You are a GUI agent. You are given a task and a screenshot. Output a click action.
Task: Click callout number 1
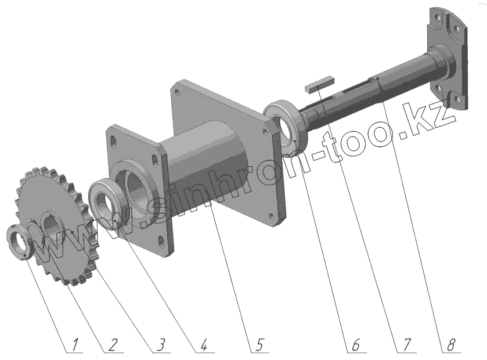click(x=74, y=345)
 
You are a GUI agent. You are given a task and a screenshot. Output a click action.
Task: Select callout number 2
click(x=113, y=345)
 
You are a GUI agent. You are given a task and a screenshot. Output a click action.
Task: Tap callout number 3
click(x=160, y=345)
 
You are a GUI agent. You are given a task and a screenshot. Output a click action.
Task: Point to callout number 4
click(x=203, y=345)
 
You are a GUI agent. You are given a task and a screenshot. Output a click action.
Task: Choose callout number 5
click(x=258, y=345)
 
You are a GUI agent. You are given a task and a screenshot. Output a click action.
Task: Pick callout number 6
click(x=355, y=345)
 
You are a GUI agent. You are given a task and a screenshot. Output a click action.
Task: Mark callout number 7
click(x=406, y=345)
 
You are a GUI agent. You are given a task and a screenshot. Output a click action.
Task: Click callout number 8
click(x=450, y=345)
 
